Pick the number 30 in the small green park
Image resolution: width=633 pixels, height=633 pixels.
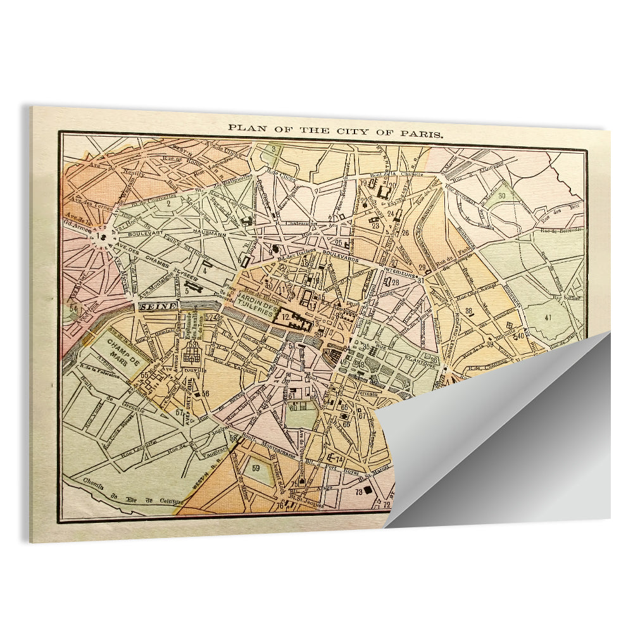coord(501,196)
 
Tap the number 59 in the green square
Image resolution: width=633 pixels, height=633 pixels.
coord(256,468)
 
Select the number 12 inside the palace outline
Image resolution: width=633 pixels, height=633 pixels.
coord(285,317)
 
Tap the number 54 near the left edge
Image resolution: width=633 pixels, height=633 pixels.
coord(75,309)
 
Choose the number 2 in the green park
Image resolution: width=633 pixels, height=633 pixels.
coord(169,203)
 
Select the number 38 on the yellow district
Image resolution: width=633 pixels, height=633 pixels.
coord(469,311)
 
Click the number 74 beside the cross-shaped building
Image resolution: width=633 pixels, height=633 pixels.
coord(340,459)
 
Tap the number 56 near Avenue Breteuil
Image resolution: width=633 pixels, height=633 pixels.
coord(206,394)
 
